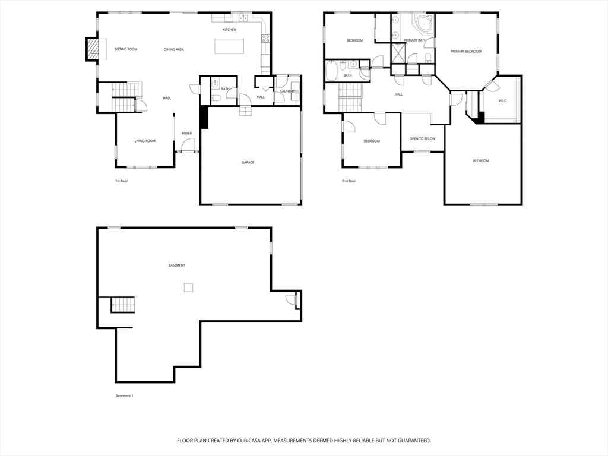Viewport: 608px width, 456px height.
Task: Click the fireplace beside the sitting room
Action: pyautogui.click(x=92, y=49)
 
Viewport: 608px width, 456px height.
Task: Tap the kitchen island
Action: pyautogui.click(x=230, y=46)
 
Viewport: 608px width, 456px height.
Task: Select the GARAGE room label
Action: pyautogui.click(x=248, y=163)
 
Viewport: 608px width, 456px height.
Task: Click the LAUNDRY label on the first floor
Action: pyautogui.click(x=288, y=91)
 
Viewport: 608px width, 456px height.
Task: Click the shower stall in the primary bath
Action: pyautogui.click(x=398, y=53)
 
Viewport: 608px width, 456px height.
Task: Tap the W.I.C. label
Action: pyautogui.click(x=502, y=101)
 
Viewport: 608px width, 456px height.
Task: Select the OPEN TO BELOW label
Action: pyautogui.click(x=422, y=139)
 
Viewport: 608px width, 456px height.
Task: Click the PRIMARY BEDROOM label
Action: pyautogui.click(x=466, y=52)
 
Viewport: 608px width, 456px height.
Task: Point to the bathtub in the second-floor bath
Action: pyautogui.click(x=332, y=71)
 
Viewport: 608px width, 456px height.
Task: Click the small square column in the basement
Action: pyautogui.click(x=188, y=287)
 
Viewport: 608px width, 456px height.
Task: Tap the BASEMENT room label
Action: pyautogui.click(x=177, y=265)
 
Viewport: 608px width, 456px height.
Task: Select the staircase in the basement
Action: pyautogui.click(x=123, y=305)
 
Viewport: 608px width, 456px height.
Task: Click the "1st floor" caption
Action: pyautogui.click(x=121, y=181)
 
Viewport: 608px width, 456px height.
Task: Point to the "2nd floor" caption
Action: pyautogui.click(x=349, y=181)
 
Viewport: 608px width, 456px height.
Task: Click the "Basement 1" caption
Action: pyautogui.click(x=124, y=396)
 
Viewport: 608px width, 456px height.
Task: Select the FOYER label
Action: pyautogui.click(x=187, y=134)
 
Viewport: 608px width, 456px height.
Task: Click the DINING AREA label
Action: pyautogui.click(x=174, y=50)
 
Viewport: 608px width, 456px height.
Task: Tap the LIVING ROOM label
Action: pyautogui.click(x=145, y=141)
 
